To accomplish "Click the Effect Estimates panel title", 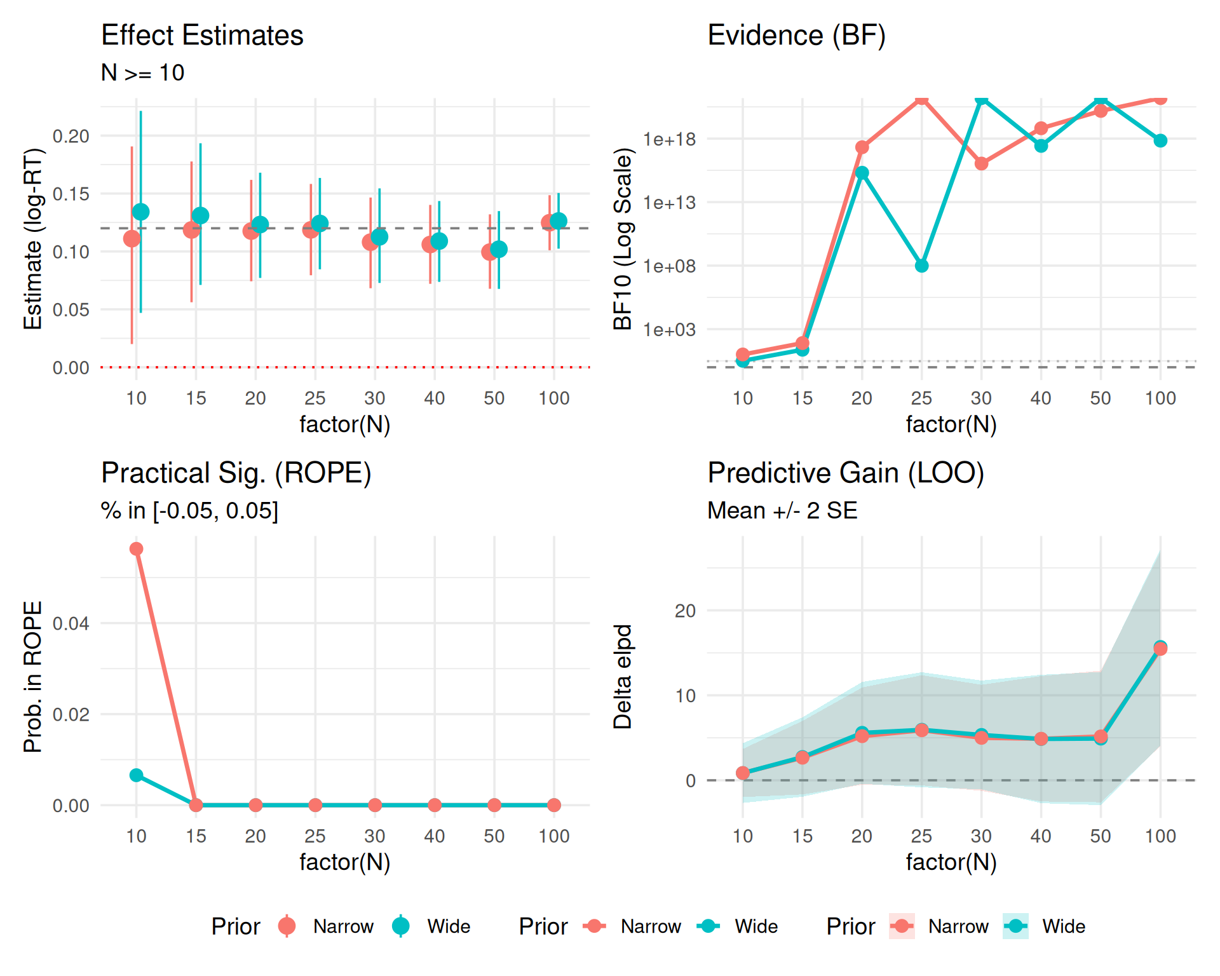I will click(x=202, y=35).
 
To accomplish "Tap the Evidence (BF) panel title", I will click(x=796, y=35).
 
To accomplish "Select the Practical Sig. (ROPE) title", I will click(x=236, y=473).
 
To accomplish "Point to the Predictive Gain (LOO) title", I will click(x=846, y=473).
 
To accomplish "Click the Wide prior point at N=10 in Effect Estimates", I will click(x=140, y=212).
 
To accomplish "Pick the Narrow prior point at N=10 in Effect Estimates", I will click(x=132, y=238).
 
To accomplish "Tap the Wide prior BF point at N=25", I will click(x=921, y=266).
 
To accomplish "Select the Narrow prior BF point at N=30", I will click(x=981, y=163).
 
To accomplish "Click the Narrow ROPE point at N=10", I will click(x=136, y=548).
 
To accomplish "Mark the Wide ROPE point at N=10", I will click(x=136, y=775).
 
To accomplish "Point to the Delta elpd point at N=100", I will click(x=1160, y=648).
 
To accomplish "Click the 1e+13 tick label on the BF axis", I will click(x=669, y=203).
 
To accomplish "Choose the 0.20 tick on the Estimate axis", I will click(x=71, y=136).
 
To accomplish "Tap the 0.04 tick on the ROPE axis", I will click(x=71, y=623).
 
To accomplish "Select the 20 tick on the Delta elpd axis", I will click(x=685, y=611).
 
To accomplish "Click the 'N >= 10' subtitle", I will click(x=142, y=72).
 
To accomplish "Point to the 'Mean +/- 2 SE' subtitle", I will click(x=782, y=510).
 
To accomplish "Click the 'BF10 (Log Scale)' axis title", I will click(x=623, y=238).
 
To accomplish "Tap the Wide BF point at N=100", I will click(x=1160, y=140).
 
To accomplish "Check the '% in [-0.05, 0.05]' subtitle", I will click(x=189, y=510).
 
